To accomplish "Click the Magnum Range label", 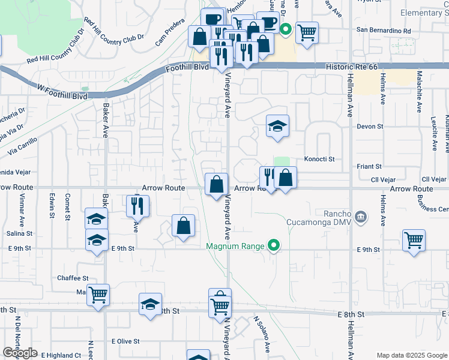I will [237, 246].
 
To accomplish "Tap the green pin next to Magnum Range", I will [274, 245].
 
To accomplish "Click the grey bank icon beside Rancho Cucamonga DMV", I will [361, 217].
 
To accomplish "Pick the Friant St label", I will [370, 166].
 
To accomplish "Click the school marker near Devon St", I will [277, 126].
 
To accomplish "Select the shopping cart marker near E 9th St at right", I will [414, 241].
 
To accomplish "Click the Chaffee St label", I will [73, 278].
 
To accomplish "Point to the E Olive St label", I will [125, 341].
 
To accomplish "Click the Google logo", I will [20, 353].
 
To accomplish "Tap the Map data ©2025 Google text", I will [412, 355].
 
